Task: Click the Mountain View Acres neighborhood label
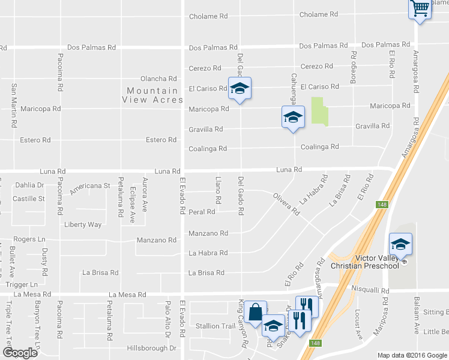pyautogui.click(x=152, y=95)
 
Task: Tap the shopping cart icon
pyautogui.click(x=420, y=9)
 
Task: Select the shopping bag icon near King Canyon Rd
pyautogui.click(x=256, y=313)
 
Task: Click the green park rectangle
pyautogui.click(x=319, y=111)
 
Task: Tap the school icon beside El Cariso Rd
pyautogui.click(x=240, y=89)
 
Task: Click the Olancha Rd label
pyautogui.click(x=158, y=79)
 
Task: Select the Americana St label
pyautogui.click(x=90, y=187)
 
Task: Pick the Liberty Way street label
pyautogui.click(x=83, y=225)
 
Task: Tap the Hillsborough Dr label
pyautogui.click(x=152, y=348)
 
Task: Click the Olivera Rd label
pyautogui.click(x=286, y=204)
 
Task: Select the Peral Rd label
pyautogui.click(x=202, y=212)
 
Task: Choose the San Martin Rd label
pyautogui.click(x=14, y=105)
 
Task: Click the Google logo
pyautogui.click(x=20, y=353)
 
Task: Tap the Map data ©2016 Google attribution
pyautogui.click(x=412, y=355)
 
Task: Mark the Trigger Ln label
pyautogui.click(x=22, y=284)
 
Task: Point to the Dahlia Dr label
pyautogui.click(x=30, y=185)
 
